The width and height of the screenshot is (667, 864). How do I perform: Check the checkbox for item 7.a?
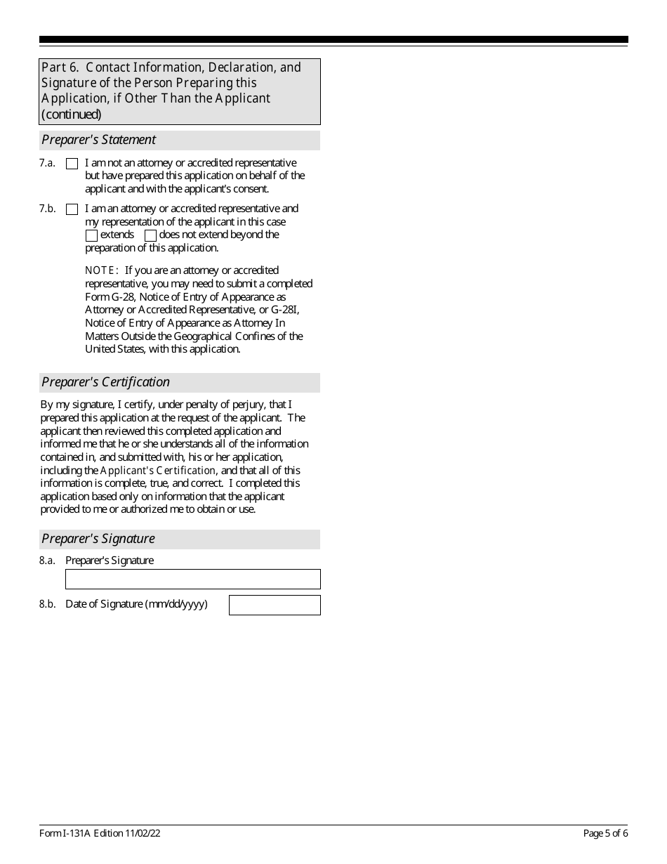pyautogui.click(x=72, y=164)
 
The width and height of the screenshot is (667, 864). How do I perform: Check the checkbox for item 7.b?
pyautogui.click(x=72, y=209)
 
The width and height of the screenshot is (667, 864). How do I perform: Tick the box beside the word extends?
pyautogui.click(x=91, y=235)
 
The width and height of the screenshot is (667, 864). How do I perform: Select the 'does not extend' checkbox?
pyautogui.click(x=150, y=235)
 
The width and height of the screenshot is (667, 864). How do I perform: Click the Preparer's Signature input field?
pyautogui.click(x=192, y=579)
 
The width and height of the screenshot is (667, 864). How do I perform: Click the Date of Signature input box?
pyautogui.click(x=275, y=605)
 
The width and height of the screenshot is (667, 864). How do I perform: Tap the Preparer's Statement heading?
pyautogui.click(x=99, y=140)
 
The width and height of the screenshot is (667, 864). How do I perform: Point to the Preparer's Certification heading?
pyautogui.click(x=106, y=382)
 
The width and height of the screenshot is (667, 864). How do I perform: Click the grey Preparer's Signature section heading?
pyautogui.click(x=98, y=539)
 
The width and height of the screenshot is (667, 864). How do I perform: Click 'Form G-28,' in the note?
pyautogui.click(x=110, y=297)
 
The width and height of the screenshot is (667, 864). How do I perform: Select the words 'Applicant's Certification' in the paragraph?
pyautogui.click(x=158, y=471)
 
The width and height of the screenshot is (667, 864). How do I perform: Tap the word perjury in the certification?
pyautogui.click(x=249, y=405)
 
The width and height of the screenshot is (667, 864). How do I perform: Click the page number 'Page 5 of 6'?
pyautogui.click(x=605, y=834)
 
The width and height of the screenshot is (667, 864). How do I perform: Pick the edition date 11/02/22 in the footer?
pyautogui.click(x=145, y=834)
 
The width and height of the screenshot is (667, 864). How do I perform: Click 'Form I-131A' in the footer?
pyautogui.click(x=63, y=834)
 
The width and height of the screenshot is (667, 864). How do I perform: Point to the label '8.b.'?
pyautogui.click(x=47, y=604)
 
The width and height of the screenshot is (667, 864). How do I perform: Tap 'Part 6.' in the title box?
pyautogui.click(x=59, y=67)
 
